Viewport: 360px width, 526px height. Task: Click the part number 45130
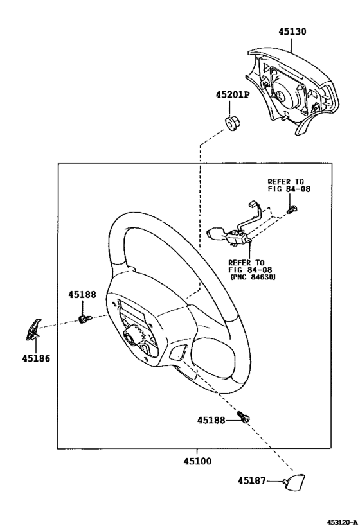coord(292,32)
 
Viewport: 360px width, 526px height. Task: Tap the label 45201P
coord(233,95)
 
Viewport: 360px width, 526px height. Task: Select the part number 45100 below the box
coord(197,462)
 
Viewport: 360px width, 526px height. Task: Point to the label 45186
coord(36,358)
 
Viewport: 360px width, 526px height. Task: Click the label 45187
coord(251,480)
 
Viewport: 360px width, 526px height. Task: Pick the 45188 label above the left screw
coord(82,295)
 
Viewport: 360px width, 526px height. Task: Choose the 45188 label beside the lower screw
coord(211,420)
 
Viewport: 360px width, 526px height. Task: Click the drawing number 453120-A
coord(341,522)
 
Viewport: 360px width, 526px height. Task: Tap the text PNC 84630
coord(253,277)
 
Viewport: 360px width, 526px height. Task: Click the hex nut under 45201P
coord(231,124)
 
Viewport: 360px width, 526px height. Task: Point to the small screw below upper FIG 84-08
coord(292,209)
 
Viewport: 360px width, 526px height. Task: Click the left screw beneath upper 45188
coord(85,319)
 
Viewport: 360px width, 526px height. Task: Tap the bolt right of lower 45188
coord(244,416)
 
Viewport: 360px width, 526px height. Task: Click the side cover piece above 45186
coord(33,329)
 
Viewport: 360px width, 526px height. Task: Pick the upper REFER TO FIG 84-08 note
coord(289,185)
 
